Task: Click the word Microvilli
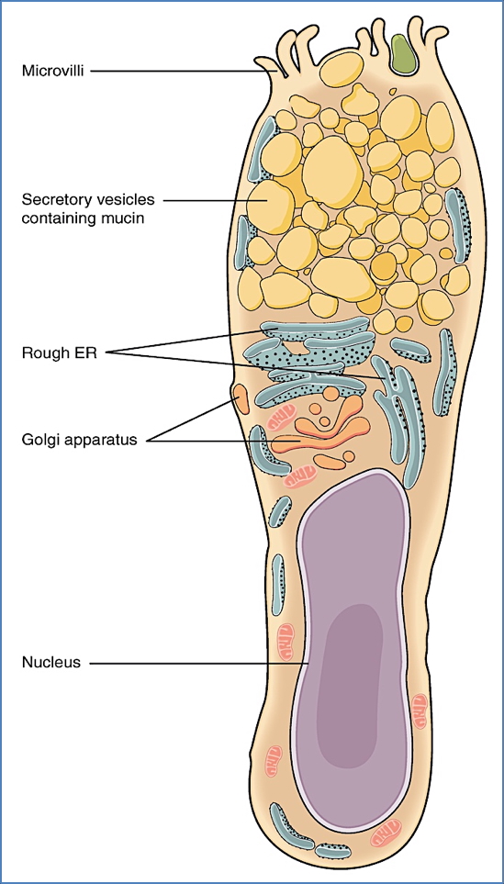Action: point(52,69)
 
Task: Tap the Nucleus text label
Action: point(51,661)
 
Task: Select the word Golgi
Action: point(39,440)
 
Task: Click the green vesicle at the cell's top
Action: point(401,55)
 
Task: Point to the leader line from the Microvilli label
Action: point(184,70)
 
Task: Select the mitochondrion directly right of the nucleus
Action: point(419,707)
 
